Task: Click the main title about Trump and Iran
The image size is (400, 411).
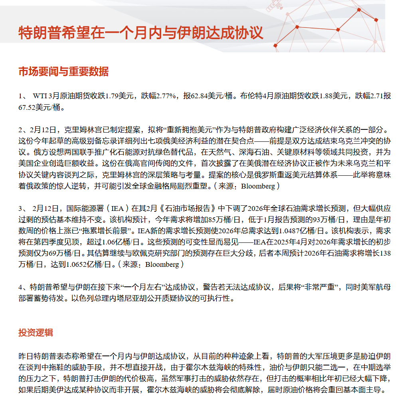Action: (x=141, y=33)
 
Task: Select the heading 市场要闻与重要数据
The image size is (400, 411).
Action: (x=63, y=71)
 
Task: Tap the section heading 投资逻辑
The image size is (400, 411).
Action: (x=36, y=333)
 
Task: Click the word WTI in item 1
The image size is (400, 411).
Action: (x=40, y=96)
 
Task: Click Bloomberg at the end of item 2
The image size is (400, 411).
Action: (x=258, y=186)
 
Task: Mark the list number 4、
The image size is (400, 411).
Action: (x=22, y=287)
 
